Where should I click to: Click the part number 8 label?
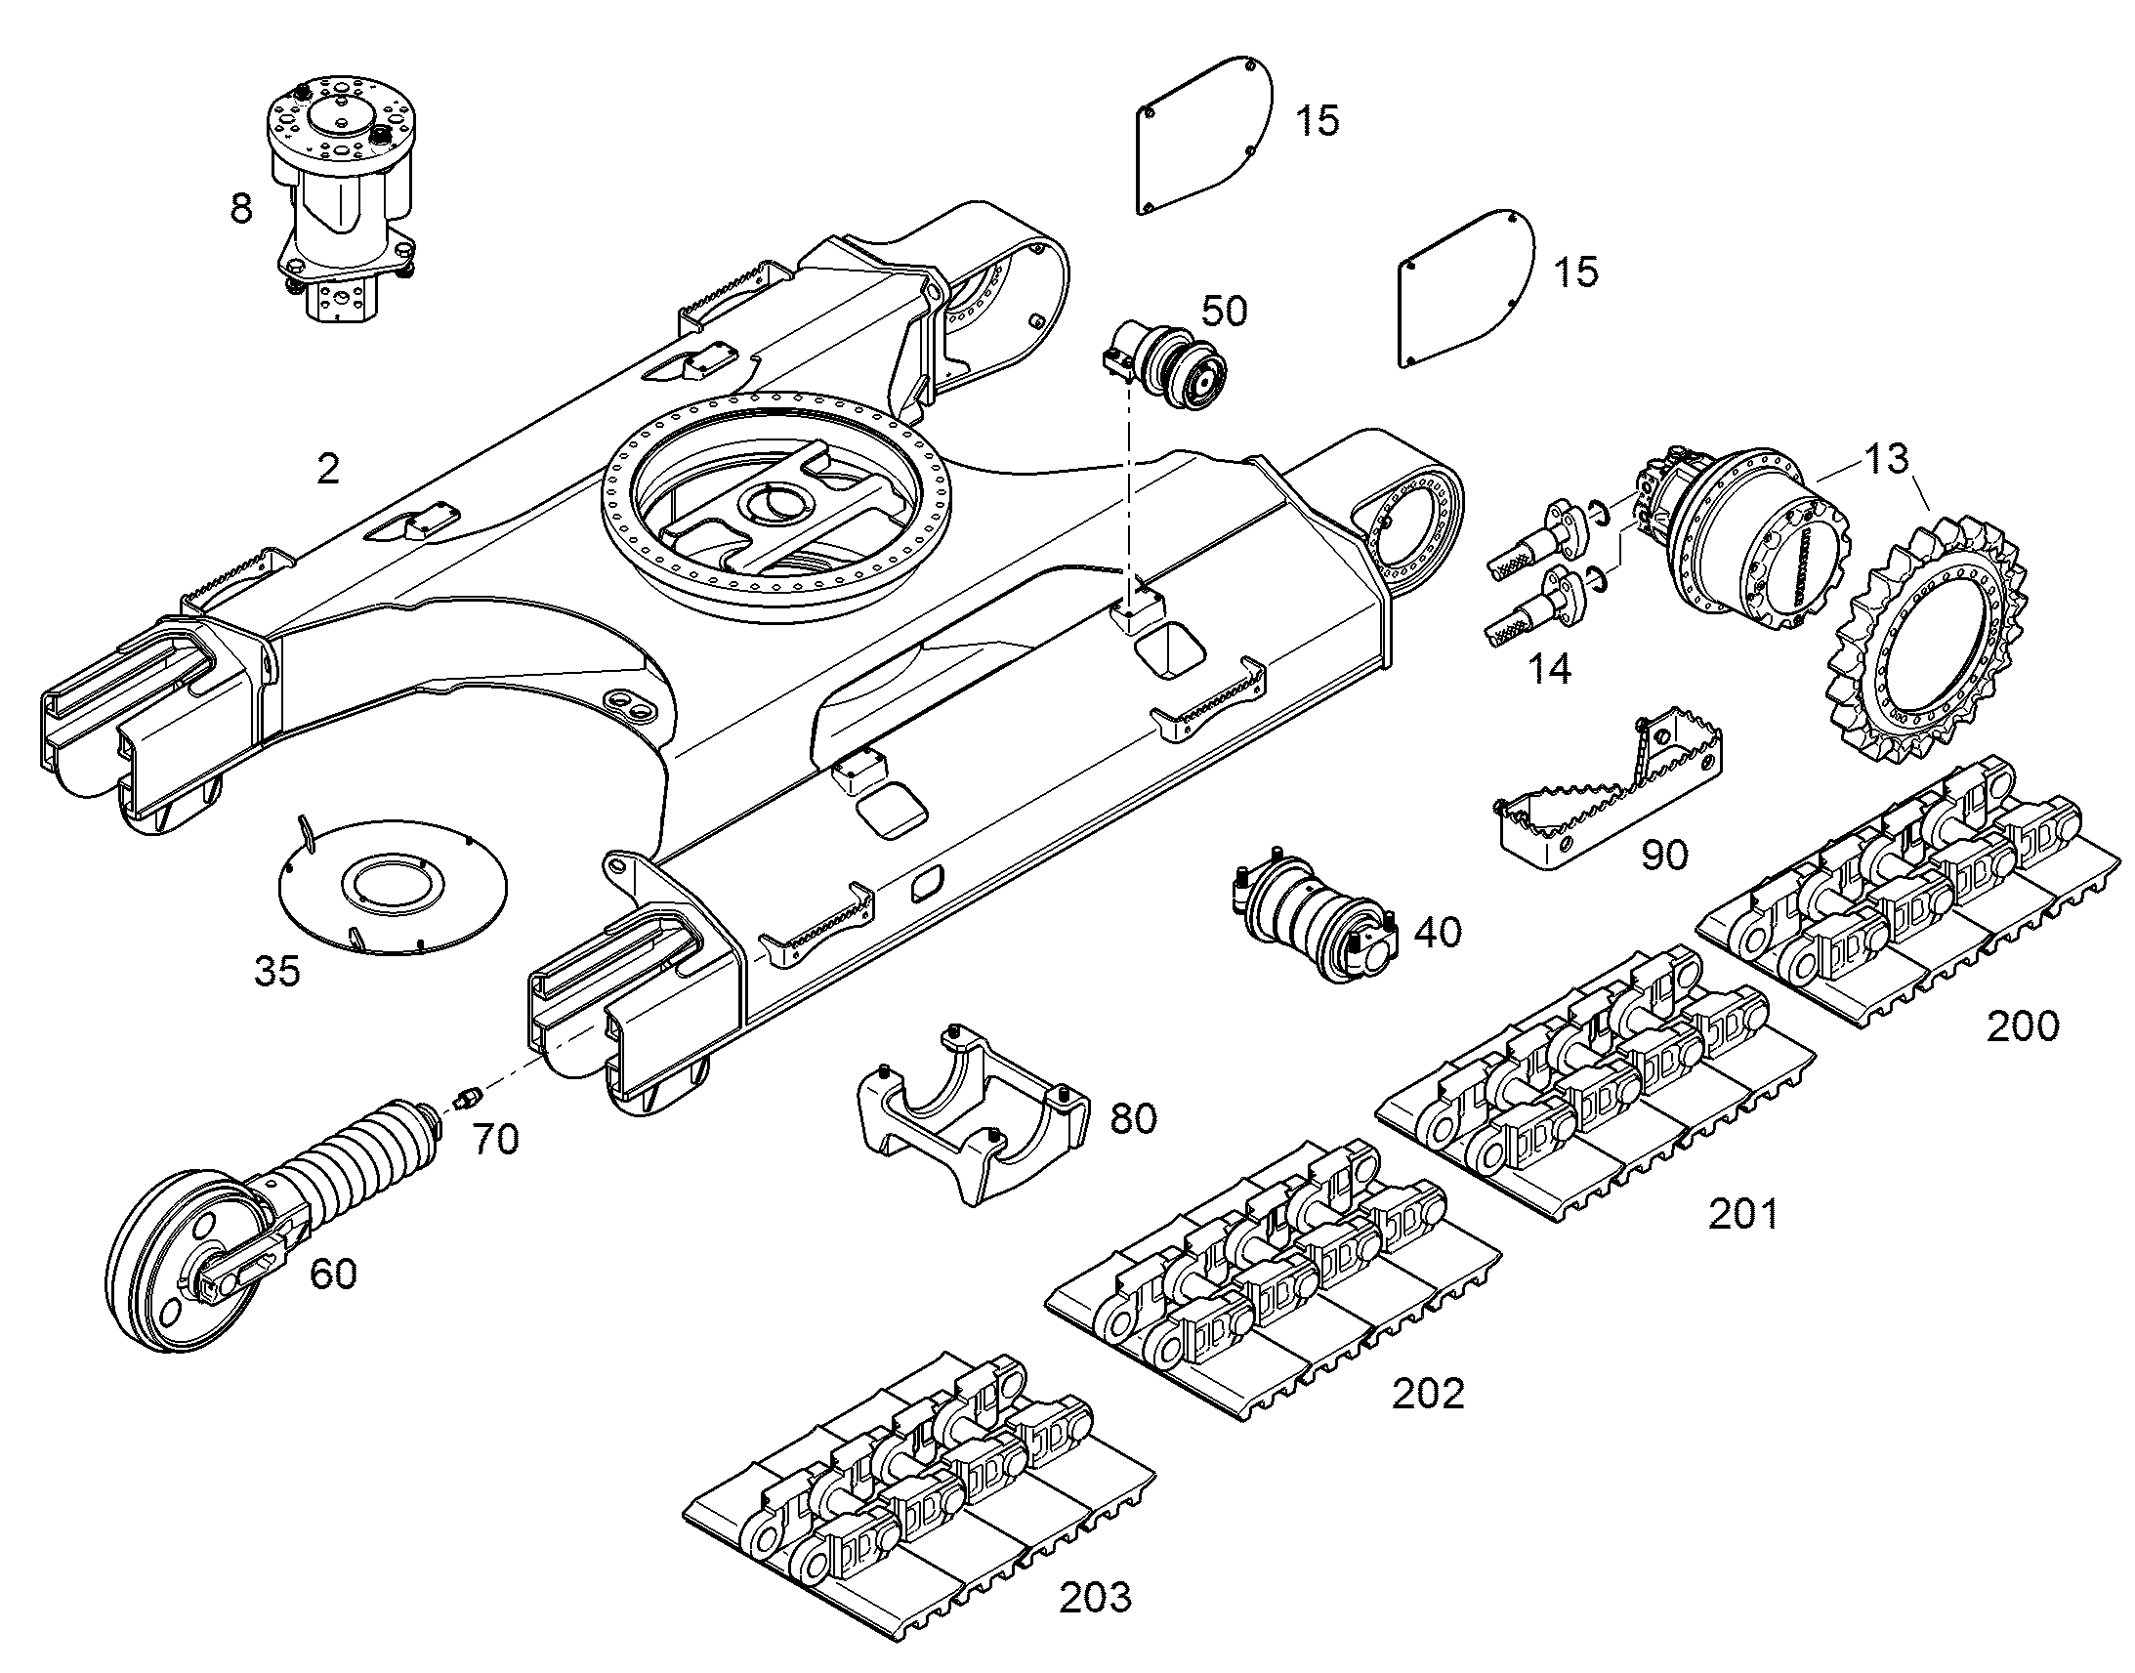pos(241,209)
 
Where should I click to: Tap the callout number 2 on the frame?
pos(328,469)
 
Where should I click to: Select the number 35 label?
pos(277,972)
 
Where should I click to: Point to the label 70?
pos(495,1139)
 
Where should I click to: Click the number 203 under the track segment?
pos(1095,1598)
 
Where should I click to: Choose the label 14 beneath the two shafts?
pos(1549,669)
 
